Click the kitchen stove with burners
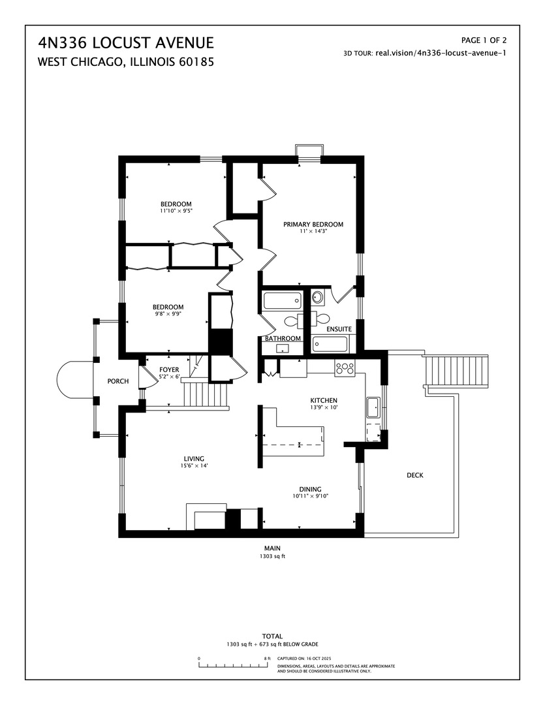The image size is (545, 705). [x=344, y=368]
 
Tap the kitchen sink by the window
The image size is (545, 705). [x=373, y=407]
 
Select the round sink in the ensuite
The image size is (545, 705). [x=318, y=298]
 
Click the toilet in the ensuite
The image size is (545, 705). [x=319, y=319]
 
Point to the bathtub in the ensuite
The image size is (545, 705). [x=330, y=343]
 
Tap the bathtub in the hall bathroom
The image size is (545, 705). [x=282, y=300]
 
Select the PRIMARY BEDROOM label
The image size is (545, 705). [x=313, y=225]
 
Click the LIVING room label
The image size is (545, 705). [x=194, y=458]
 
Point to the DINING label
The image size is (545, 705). [x=310, y=489]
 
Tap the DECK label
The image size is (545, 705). [x=414, y=475]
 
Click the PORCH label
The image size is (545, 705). [x=118, y=381]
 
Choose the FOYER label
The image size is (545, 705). [x=169, y=369]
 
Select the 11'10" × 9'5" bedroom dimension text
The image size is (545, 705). [x=176, y=211]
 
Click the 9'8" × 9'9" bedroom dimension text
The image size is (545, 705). [x=168, y=314]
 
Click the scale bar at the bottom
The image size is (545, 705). [x=233, y=665]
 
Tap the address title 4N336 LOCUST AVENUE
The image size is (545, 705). [x=125, y=43]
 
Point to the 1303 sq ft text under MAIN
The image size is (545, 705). [x=272, y=557]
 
